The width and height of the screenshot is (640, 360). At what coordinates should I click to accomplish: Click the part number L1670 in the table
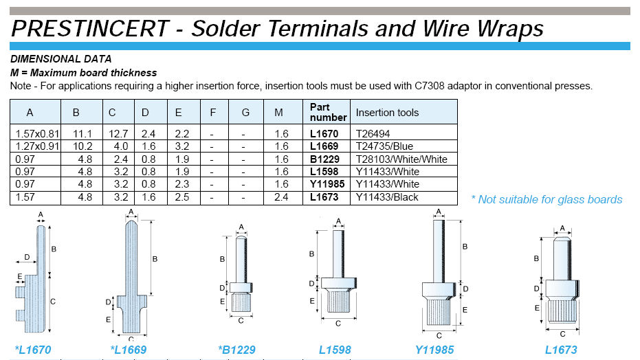click(x=324, y=134)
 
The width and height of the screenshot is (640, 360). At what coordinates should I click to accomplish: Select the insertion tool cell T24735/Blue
click(x=384, y=146)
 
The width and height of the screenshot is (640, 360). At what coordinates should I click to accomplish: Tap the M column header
click(x=278, y=113)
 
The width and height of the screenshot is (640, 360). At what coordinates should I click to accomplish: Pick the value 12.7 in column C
click(x=118, y=134)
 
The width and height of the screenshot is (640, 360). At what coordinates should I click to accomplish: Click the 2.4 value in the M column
click(x=281, y=197)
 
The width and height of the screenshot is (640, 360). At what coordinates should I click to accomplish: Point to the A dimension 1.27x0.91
click(x=37, y=146)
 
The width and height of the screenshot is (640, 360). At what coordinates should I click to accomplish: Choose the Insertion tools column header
click(x=387, y=113)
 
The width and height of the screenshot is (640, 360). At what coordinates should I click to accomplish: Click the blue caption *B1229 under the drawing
click(x=236, y=350)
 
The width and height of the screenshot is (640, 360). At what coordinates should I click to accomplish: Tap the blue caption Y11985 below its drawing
click(x=434, y=350)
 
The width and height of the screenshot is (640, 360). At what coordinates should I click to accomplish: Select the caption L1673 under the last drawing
click(x=561, y=350)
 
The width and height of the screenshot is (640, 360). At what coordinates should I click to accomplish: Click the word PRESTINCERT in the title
click(x=90, y=29)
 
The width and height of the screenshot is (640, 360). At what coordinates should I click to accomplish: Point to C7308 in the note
click(x=430, y=86)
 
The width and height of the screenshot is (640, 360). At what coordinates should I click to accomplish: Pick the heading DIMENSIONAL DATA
click(x=60, y=59)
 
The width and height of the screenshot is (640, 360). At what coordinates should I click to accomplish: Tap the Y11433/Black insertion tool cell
click(x=387, y=197)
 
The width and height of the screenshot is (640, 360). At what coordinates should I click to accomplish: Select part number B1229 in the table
click(x=324, y=159)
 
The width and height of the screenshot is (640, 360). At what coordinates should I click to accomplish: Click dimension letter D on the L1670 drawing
click(x=27, y=257)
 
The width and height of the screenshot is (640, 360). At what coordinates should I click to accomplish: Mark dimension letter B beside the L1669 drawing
click(x=155, y=259)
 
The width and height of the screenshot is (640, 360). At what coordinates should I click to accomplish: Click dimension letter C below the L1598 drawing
click(x=338, y=324)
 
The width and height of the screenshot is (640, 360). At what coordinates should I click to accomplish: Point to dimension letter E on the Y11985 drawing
click(x=465, y=310)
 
